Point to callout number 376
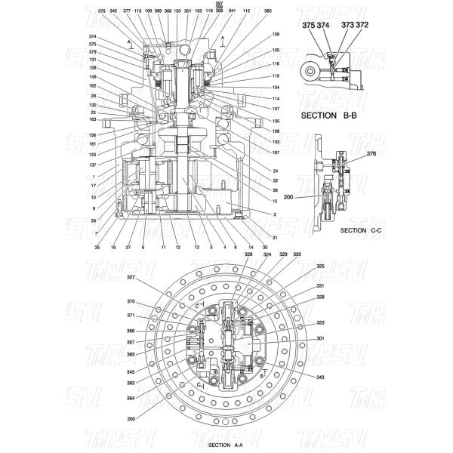371,153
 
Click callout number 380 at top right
268,11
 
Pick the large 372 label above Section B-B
362,25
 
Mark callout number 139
276,35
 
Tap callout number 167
276,153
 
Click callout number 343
320,377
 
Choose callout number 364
131,397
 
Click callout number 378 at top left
102,11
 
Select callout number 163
92,119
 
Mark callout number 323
320,322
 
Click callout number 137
92,165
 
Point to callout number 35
97,247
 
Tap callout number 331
320,286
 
